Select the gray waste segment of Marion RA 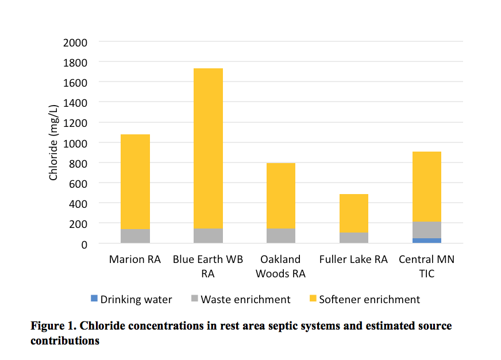[x=136, y=236]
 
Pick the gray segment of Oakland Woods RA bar [x=280, y=235]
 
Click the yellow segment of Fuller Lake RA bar [x=353, y=213]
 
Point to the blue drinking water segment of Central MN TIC [x=426, y=241]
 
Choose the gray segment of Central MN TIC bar [x=426, y=230]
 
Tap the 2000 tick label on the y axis [x=76, y=42]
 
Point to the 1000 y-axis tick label [x=76, y=143]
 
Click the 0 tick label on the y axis [x=84, y=244]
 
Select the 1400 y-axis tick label [x=76, y=103]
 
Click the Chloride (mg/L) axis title [x=53, y=142]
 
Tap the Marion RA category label [x=135, y=260]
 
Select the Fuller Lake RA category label [x=353, y=260]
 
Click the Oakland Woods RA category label [x=280, y=266]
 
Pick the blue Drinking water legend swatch [x=94, y=299]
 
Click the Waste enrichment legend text [x=245, y=299]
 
